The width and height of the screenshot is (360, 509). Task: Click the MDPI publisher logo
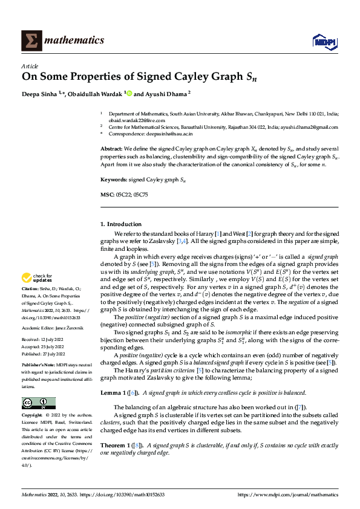(323, 41)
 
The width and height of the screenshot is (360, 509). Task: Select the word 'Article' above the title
(30, 66)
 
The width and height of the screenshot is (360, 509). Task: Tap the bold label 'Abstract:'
(111, 149)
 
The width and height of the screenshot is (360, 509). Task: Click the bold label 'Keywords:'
(113, 180)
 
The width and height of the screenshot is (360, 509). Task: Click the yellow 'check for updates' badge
(35, 278)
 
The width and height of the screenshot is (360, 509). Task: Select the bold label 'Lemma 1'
(111, 375)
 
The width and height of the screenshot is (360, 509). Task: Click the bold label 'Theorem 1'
(114, 445)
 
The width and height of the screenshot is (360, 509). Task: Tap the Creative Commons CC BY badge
(38, 403)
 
